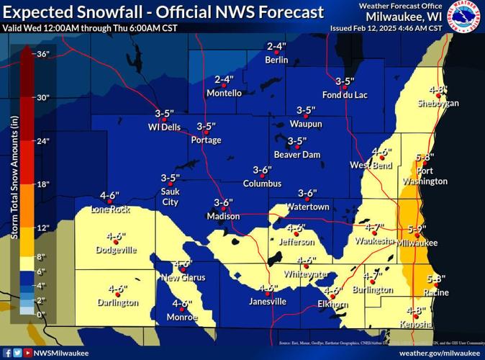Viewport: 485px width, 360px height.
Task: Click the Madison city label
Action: pos(222,216)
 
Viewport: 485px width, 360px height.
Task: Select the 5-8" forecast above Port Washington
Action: pos(425,157)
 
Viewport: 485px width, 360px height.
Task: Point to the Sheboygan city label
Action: pos(438,103)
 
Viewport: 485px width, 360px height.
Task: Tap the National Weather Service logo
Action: pos(465,17)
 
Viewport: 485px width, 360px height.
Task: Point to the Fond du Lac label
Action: pos(345,94)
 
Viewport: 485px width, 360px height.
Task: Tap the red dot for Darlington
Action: pos(118,295)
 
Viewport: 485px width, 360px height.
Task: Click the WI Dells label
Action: pos(164,127)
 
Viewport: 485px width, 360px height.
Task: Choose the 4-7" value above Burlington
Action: pos(372,276)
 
